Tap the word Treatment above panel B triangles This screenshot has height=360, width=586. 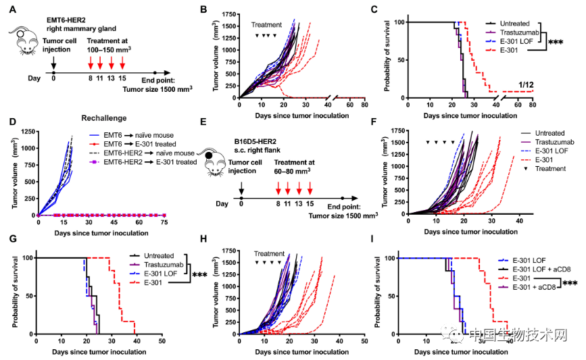(266, 25)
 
